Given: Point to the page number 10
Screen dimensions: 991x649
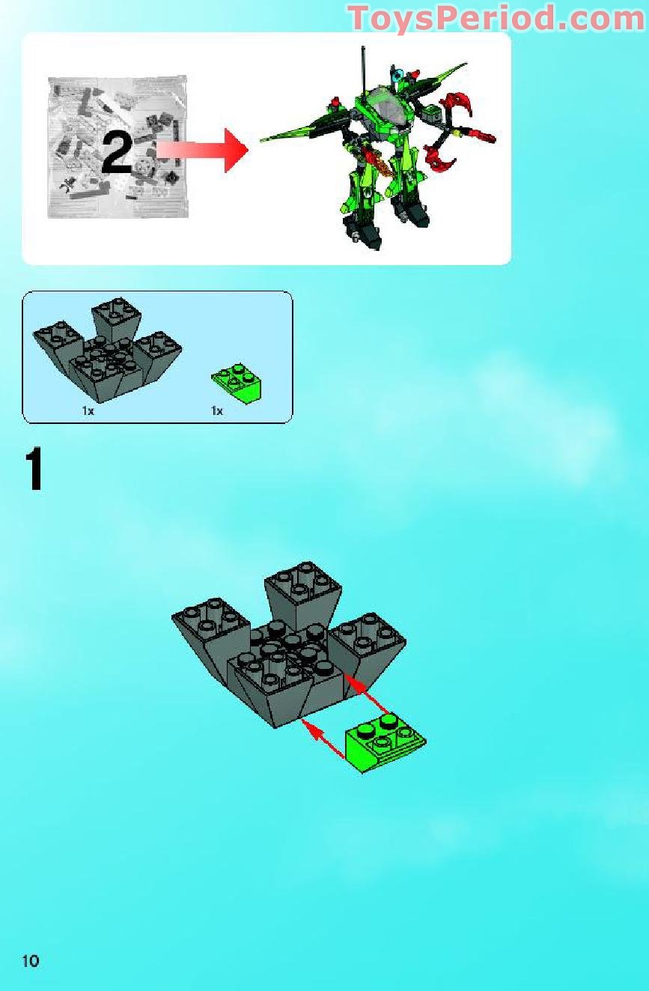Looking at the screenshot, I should [30, 960].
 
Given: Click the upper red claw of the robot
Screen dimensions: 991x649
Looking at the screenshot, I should [460, 104].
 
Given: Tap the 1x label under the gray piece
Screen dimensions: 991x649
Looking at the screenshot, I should [88, 410].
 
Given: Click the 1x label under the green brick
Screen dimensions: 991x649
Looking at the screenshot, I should [217, 410].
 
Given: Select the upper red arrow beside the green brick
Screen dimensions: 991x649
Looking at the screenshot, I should [368, 693].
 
